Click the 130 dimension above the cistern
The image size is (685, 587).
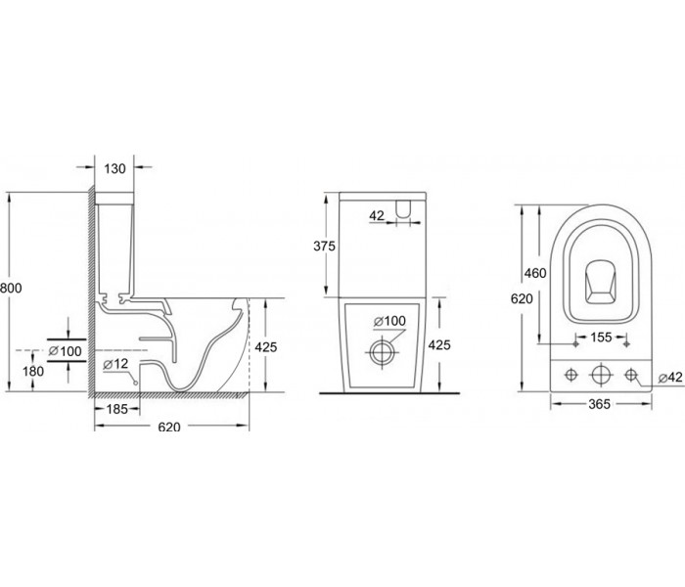(114, 168)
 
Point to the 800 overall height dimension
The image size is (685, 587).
(11, 288)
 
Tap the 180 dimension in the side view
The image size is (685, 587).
(33, 371)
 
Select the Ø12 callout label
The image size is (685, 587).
(115, 363)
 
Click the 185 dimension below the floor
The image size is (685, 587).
(117, 409)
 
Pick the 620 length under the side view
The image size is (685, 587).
(169, 427)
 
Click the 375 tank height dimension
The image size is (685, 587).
(324, 247)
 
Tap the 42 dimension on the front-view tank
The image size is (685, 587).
(377, 215)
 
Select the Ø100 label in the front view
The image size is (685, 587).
(389, 321)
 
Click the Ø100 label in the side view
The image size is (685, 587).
(66, 351)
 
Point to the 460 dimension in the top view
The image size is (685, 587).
(535, 273)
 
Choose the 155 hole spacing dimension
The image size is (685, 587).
(601, 338)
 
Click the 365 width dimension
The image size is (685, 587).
(599, 404)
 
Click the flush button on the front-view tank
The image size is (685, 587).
(403, 208)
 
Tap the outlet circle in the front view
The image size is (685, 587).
(383, 352)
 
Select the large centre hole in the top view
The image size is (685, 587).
(601, 375)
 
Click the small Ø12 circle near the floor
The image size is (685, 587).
(135, 384)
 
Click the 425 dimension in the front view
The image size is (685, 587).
(439, 345)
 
